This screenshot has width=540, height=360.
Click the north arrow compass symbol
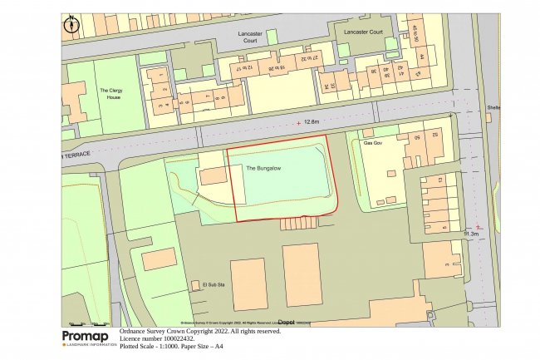[x=71, y=24]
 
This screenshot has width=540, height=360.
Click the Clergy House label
[x=110, y=94]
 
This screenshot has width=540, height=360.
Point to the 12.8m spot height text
[x=312, y=122]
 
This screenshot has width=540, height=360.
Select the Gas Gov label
[x=375, y=143]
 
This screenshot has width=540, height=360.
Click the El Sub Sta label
[x=214, y=284]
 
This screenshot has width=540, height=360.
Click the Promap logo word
[x=85, y=335]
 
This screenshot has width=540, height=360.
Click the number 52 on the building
[x=434, y=134]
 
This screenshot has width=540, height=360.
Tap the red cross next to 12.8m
[x=299, y=123]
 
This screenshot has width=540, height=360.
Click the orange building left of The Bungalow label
[x=214, y=176]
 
